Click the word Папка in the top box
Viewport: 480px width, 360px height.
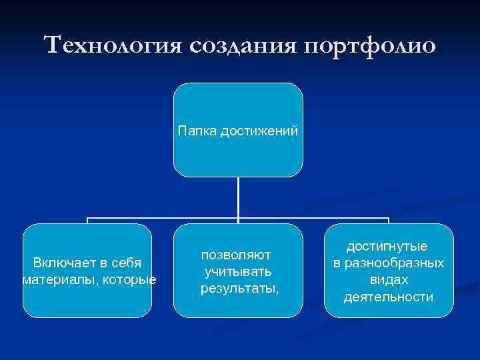(194, 130)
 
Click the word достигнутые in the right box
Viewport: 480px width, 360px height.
(389, 247)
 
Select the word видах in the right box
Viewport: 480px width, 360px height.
(389, 280)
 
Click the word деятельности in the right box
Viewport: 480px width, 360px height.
(389, 297)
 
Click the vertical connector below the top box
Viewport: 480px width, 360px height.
(238, 197)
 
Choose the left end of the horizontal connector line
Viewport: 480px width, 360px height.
(88, 218)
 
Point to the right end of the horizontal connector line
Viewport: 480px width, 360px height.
(388, 218)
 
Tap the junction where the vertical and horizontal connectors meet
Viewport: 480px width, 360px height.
(238, 218)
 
